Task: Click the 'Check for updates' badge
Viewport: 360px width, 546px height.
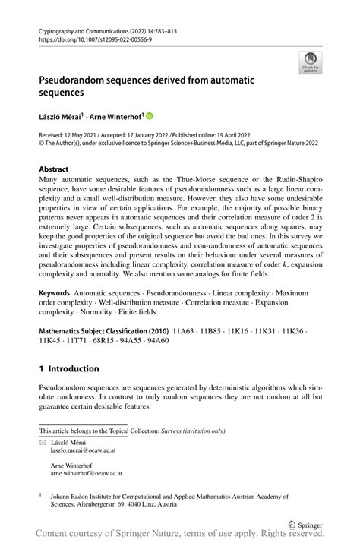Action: pyautogui.click(x=310, y=62)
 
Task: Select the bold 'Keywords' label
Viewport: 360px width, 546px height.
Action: pyautogui.click(x=55, y=292)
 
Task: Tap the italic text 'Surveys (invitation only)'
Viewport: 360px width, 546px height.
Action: pyautogui.click(x=193, y=431)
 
